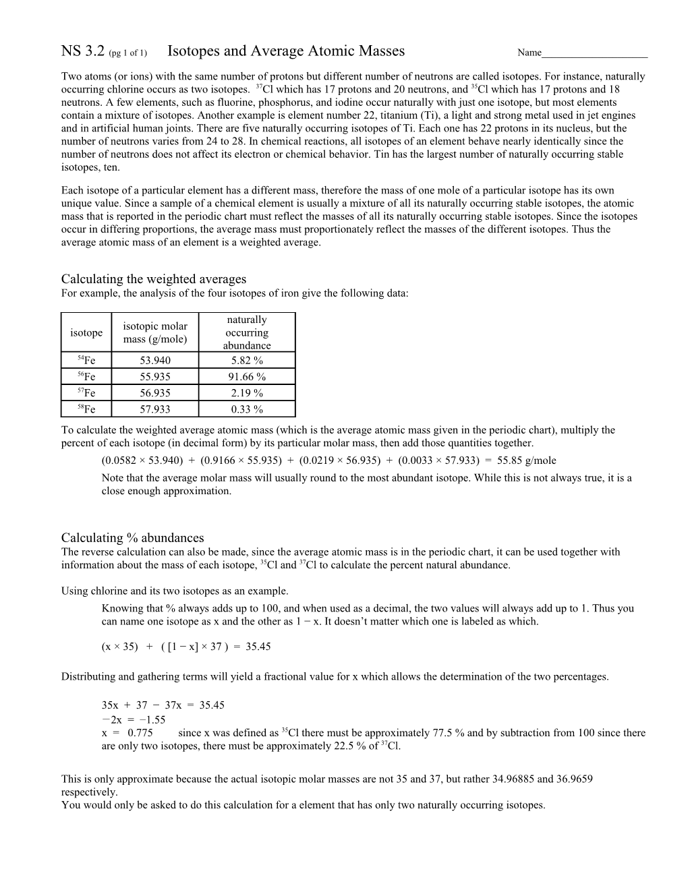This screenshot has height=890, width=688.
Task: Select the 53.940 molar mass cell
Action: [x=155, y=361]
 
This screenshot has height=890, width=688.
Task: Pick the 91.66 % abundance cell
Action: [x=247, y=377]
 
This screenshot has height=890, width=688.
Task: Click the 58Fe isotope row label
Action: [x=86, y=409]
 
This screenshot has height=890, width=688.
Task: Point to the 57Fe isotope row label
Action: [x=86, y=393]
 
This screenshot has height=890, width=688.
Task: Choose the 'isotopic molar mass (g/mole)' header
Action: [x=155, y=332]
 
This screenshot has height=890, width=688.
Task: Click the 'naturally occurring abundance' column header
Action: [x=247, y=332]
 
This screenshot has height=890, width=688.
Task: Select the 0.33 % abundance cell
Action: [x=247, y=409]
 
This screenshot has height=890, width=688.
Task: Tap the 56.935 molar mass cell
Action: [x=155, y=393]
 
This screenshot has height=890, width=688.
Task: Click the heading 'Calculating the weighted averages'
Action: [x=154, y=279]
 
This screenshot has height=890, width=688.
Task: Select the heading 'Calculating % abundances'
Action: [x=132, y=538]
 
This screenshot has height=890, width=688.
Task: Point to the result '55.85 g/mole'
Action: [x=527, y=461]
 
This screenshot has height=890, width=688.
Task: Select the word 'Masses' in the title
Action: [x=376, y=51]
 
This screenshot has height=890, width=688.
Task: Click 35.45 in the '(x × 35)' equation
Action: [x=258, y=647]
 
